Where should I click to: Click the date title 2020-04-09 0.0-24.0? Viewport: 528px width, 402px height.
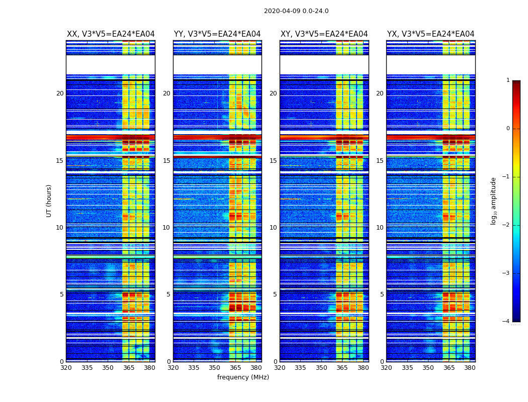click(x=296, y=11)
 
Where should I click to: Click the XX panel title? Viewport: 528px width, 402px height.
click(x=111, y=34)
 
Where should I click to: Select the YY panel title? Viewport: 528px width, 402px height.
click(x=217, y=34)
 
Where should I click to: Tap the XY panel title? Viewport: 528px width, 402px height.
click(x=324, y=34)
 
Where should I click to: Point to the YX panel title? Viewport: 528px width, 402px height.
click(x=430, y=34)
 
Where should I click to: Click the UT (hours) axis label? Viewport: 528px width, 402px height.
click(x=49, y=200)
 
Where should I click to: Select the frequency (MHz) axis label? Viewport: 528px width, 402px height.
click(x=243, y=377)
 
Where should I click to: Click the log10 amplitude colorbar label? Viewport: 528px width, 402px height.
click(x=494, y=200)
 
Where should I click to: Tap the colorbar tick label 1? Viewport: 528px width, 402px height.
click(x=508, y=80)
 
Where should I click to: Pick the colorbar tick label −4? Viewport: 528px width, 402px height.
click(x=506, y=322)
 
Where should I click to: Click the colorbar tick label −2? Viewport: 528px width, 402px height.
click(x=506, y=225)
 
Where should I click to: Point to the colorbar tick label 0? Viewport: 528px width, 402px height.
click(x=508, y=129)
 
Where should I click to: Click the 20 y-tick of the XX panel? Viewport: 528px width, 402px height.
click(x=60, y=93)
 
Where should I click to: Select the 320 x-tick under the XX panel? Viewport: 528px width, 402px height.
click(x=66, y=367)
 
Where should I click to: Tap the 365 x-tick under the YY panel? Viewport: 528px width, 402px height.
click(x=235, y=367)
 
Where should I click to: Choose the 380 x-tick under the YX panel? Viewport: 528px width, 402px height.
click(x=470, y=367)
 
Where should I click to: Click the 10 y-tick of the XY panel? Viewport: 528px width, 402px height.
click(x=273, y=228)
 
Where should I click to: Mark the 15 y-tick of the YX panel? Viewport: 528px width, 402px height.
click(x=380, y=161)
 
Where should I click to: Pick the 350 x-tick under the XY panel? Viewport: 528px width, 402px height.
click(x=321, y=367)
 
